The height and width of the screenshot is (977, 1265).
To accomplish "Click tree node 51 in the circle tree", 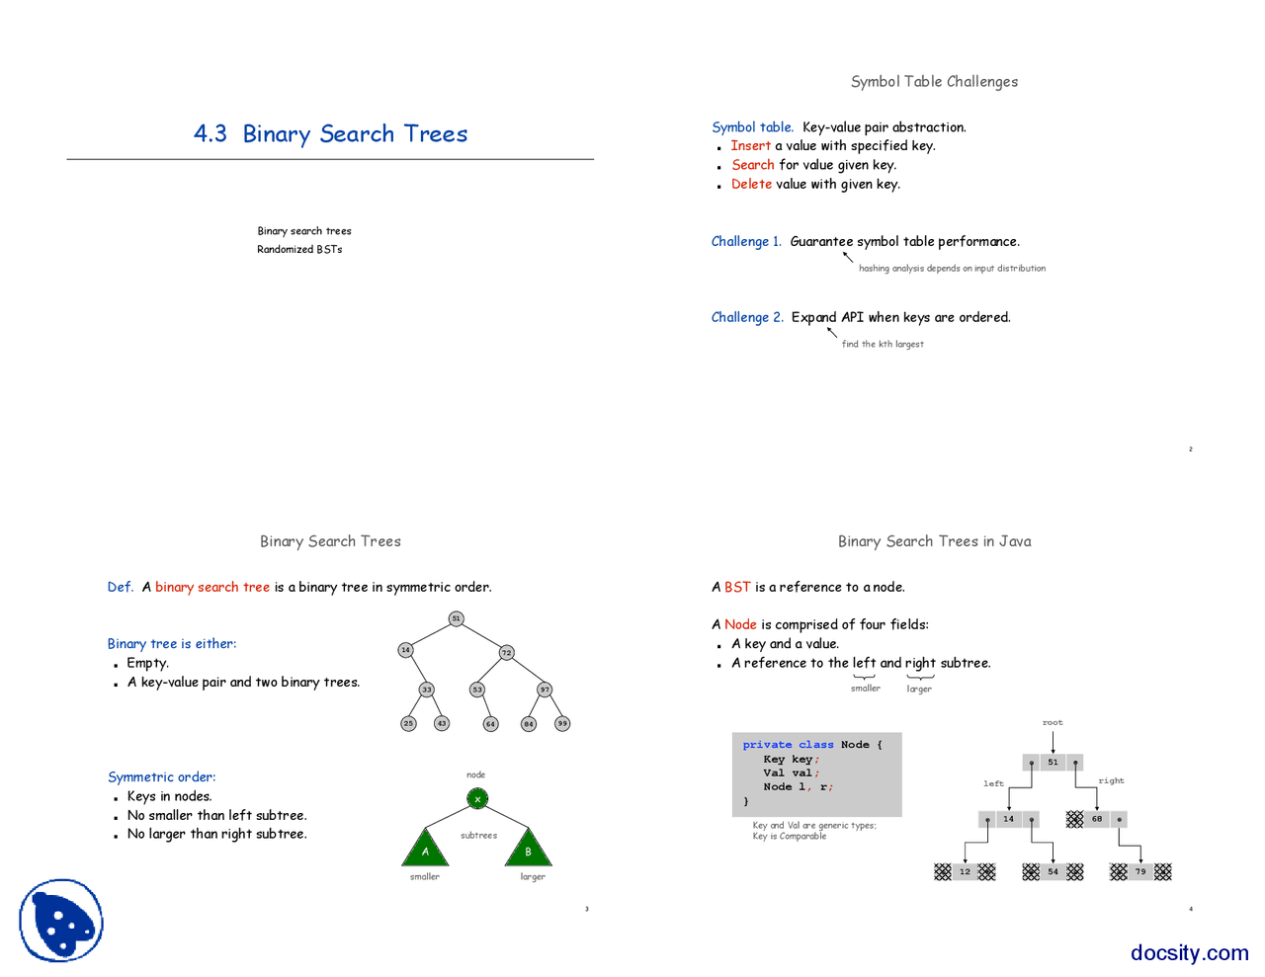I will (x=456, y=618).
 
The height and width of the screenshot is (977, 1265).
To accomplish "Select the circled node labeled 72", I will (x=506, y=652).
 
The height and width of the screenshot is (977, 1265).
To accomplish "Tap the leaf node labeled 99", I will (x=562, y=723).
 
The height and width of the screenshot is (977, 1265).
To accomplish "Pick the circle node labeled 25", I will (x=408, y=723).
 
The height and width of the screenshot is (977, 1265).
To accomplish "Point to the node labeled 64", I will (x=490, y=724).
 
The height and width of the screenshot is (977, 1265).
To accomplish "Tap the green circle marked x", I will (x=477, y=798).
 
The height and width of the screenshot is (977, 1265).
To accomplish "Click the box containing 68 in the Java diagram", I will (x=1097, y=819).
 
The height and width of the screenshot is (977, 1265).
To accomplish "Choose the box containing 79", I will (x=1140, y=871).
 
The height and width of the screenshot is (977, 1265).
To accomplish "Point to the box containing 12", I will (x=965, y=871).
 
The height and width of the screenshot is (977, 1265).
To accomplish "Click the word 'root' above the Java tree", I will (x=1053, y=722).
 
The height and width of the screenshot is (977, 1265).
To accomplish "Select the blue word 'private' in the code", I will (x=768, y=745).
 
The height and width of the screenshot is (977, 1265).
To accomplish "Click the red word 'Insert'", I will (x=750, y=146).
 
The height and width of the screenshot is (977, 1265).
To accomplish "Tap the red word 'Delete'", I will (x=751, y=184).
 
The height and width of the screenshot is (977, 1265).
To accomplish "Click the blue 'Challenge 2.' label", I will (x=747, y=317).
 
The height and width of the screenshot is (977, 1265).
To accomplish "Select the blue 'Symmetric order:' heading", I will (x=162, y=777).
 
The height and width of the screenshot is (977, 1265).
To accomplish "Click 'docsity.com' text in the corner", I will (x=1189, y=952).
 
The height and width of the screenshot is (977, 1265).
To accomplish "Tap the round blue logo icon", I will (x=61, y=921).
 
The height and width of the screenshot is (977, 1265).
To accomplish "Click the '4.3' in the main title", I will (x=211, y=134).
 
